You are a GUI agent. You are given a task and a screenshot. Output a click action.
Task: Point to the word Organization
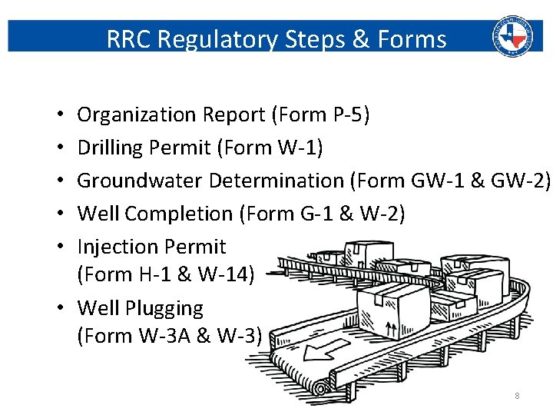[x=137, y=115]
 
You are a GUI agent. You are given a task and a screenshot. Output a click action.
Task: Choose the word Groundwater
[x=140, y=181]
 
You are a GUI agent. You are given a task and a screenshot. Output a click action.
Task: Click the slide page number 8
[x=517, y=396]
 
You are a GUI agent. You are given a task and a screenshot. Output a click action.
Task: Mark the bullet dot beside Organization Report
[x=59, y=116]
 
